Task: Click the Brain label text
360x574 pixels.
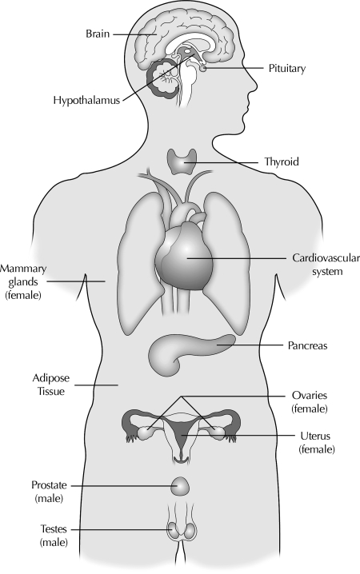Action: point(98,34)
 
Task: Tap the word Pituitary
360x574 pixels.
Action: point(286,69)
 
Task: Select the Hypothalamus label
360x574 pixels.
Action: point(86,100)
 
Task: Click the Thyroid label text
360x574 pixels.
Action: point(282,161)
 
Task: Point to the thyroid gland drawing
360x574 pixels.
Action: point(182,161)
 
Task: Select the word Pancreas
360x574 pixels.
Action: point(307,345)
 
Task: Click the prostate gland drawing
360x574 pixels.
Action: point(181,487)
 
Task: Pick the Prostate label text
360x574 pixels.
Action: point(49,485)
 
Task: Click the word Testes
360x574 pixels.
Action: point(54,529)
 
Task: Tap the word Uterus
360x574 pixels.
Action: point(315,436)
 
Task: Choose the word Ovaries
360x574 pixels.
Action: point(310,396)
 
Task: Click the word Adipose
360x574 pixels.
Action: point(51,378)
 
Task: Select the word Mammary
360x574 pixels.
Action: point(23,269)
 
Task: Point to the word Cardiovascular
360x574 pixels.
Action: point(326,258)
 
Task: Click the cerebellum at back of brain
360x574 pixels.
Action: point(165,78)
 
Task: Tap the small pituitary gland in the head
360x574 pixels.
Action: point(202,68)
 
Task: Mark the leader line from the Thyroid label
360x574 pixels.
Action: point(222,162)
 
